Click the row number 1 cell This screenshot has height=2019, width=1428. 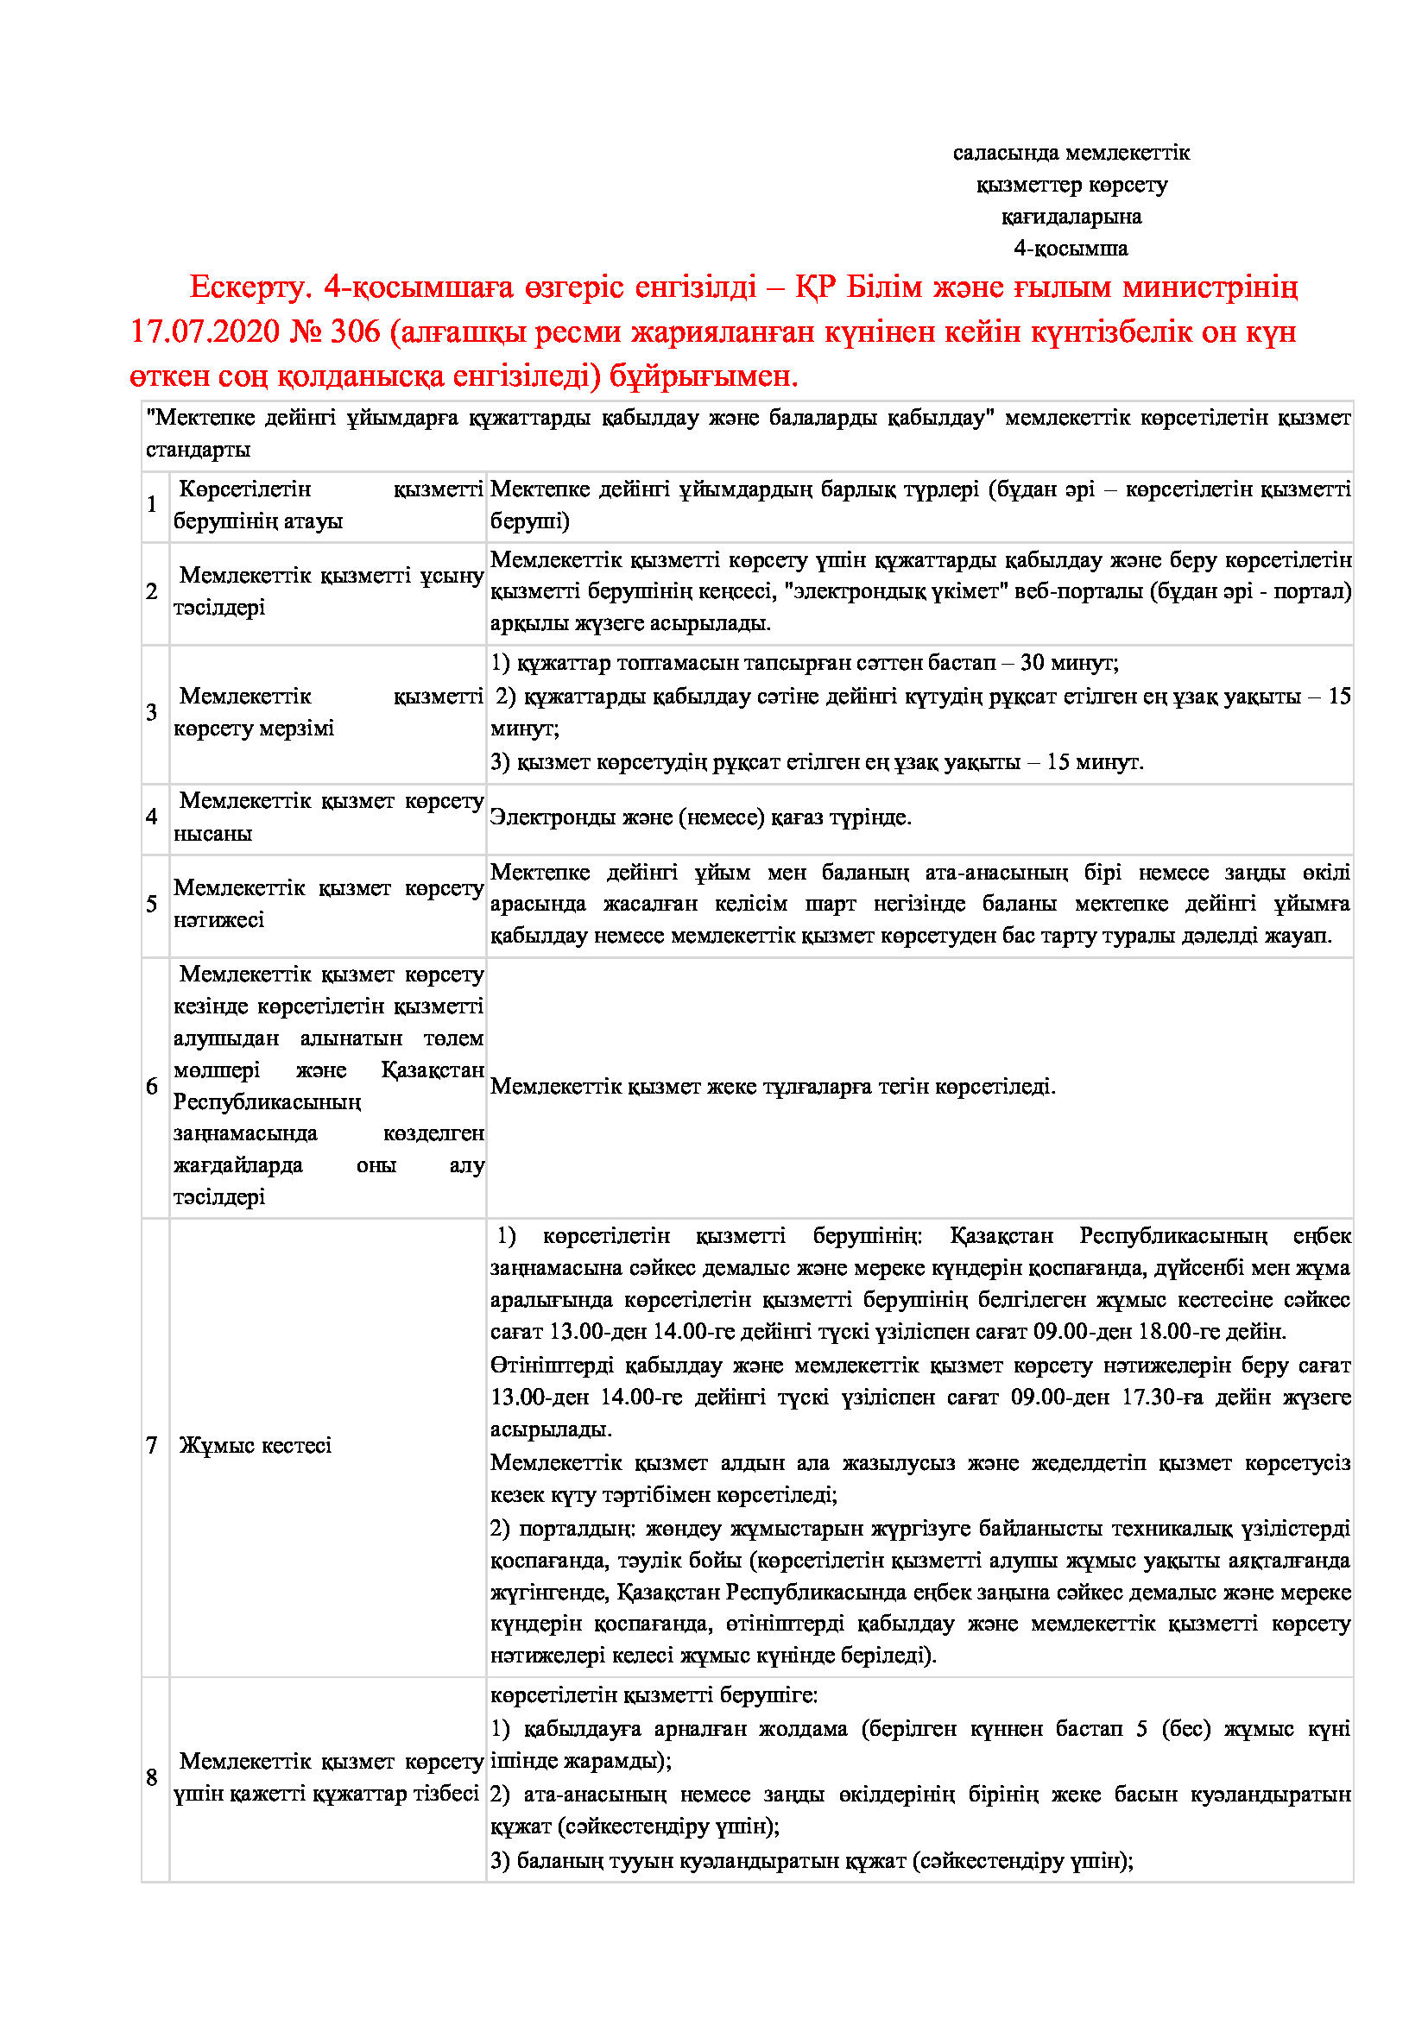(152, 505)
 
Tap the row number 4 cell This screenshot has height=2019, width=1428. (152, 817)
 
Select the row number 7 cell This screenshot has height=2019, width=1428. (152, 1446)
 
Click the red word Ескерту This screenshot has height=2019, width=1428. (250, 287)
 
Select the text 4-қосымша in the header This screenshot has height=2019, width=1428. (1070, 248)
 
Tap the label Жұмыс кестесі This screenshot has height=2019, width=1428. (255, 1446)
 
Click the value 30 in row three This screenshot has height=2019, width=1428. (1032, 662)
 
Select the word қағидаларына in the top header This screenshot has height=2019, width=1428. (1071, 217)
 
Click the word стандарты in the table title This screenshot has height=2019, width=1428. (198, 450)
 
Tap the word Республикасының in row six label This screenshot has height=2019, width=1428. (268, 1101)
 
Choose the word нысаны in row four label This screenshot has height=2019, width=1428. (212, 834)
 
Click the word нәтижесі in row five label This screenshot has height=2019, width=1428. (219, 920)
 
